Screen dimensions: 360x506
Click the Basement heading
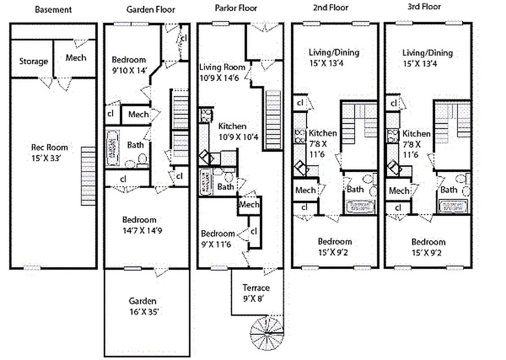click(x=53, y=9)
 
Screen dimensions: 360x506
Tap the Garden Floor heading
click(x=150, y=9)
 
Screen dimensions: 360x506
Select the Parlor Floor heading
click(x=236, y=8)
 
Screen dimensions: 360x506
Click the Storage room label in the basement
click(x=33, y=61)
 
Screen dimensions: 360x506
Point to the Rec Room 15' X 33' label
click(x=50, y=152)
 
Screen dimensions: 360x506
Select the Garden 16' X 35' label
click(x=143, y=306)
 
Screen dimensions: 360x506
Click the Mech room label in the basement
click(x=75, y=58)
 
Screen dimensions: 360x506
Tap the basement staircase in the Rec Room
click(x=89, y=175)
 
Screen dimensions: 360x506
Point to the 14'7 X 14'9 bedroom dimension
click(x=140, y=230)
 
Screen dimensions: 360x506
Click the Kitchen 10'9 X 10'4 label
click(x=232, y=131)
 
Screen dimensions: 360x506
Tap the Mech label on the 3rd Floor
click(x=399, y=191)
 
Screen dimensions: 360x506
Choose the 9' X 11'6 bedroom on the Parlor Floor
click(x=218, y=239)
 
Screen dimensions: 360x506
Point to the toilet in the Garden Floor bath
click(x=142, y=159)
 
